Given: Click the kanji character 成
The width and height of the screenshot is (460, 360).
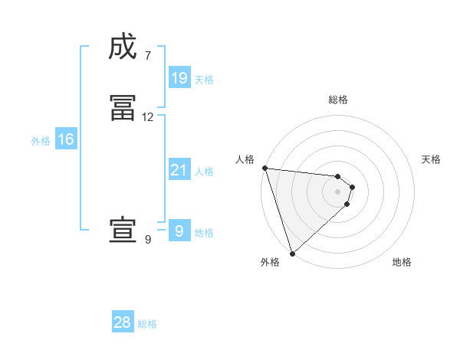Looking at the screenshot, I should click(123, 48).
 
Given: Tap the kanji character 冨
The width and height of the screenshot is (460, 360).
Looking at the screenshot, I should click(123, 110).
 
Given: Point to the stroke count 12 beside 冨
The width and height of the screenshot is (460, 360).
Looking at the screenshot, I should click(148, 116).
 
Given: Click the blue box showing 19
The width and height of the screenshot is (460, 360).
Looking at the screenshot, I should click(179, 78).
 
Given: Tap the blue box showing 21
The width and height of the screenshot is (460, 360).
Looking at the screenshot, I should click(179, 170).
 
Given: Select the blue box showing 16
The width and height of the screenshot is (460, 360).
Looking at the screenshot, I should click(65, 139).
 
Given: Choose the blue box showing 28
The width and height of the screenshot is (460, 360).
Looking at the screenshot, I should click(123, 322).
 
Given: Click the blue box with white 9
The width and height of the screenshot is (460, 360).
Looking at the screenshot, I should click(179, 231).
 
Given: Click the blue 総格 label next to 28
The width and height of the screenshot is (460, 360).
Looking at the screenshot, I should click(147, 324).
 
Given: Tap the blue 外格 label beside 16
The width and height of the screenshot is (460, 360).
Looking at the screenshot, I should click(41, 141).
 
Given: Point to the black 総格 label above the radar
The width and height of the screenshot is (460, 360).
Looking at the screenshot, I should click(338, 100).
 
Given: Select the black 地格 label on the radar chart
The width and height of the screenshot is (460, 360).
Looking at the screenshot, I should click(402, 262).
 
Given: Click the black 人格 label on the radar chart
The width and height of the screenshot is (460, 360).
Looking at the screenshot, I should click(245, 159).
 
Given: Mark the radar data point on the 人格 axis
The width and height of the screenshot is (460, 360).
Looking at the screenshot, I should click(264, 168).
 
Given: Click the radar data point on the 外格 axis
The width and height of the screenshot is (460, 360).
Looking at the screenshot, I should click(292, 253).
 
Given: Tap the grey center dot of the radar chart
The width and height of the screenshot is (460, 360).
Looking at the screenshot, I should click(338, 191).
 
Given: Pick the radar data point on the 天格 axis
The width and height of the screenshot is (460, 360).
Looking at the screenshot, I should click(353, 186).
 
